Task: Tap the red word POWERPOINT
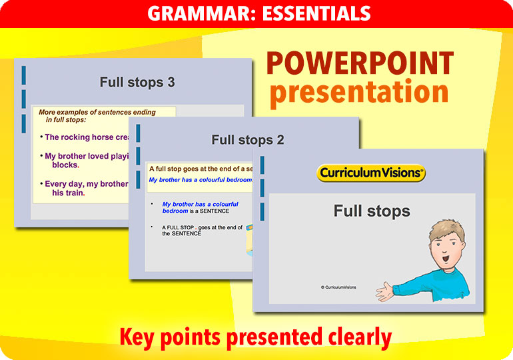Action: pyautogui.click(x=360, y=64)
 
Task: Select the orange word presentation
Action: pyautogui.click(x=359, y=92)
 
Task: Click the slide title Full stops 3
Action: pyautogui.click(x=137, y=82)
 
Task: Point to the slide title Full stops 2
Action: pyautogui.click(x=248, y=140)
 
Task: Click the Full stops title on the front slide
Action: pyautogui.click(x=372, y=211)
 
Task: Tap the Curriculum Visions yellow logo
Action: pyautogui.click(x=371, y=173)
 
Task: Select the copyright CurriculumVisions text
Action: pyautogui.click(x=338, y=287)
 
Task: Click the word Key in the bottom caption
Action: pyautogui.click(x=137, y=338)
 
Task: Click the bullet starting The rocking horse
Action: pyautogui.click(x=87, y=137)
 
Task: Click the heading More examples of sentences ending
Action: pyautogui.click(x=97, y=113)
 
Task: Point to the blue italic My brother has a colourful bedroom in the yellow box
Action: pyautogui.click(x=200, y=180)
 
